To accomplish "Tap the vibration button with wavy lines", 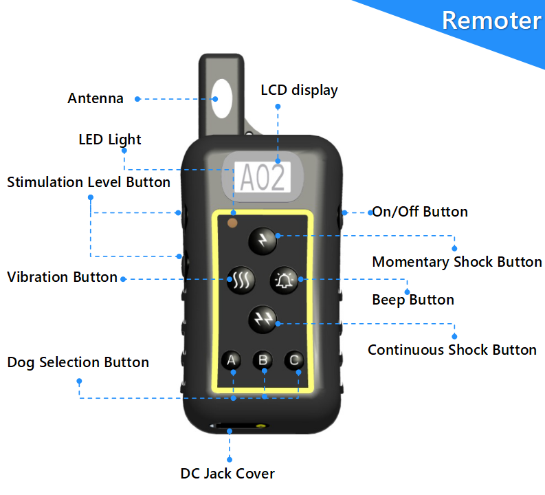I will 241,279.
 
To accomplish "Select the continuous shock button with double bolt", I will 262,318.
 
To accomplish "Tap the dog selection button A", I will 232,360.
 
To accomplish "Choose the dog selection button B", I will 263,360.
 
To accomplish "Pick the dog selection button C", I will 293,360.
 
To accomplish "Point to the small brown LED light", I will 232,223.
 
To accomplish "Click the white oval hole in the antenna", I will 222,98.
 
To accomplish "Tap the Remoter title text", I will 491,20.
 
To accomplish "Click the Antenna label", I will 96,98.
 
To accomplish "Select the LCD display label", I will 299,90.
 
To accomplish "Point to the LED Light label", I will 110,140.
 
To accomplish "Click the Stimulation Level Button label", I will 89,182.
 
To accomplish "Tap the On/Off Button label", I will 419,212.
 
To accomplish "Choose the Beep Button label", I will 412,300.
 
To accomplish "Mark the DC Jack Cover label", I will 227,474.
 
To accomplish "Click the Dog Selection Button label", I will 78,362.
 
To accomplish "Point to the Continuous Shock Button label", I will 452,350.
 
